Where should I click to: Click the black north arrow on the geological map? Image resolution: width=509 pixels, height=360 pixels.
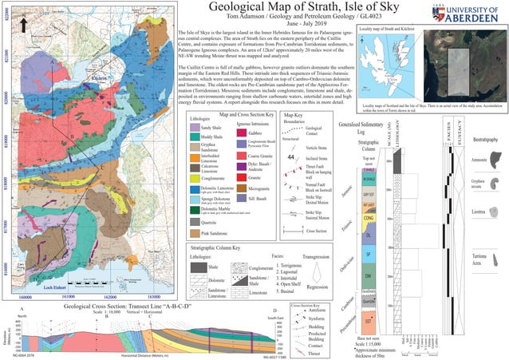point(26,26)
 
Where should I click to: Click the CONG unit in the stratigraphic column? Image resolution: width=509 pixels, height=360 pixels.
point(369,216)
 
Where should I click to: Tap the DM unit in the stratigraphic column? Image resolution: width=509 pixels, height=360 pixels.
point(369,275)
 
